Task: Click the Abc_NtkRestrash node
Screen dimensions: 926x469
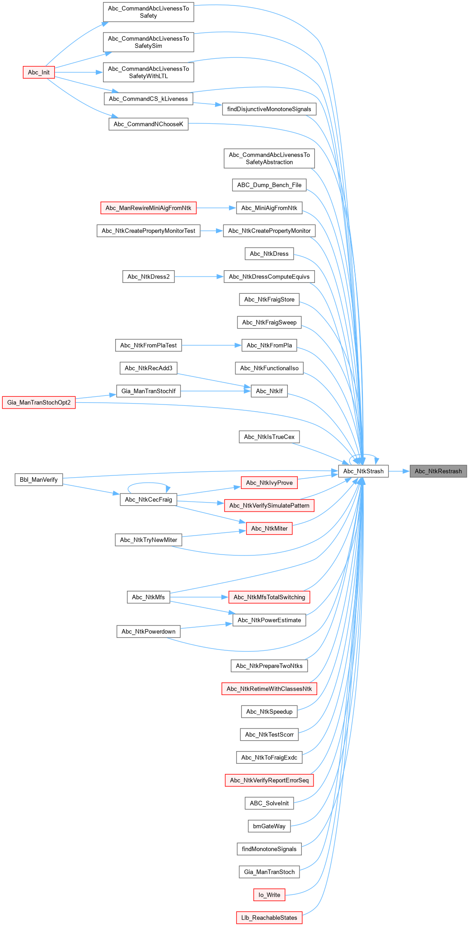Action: click(438, 471)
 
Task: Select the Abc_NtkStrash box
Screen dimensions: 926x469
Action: click(363, 471)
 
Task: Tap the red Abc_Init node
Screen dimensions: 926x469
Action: click(39, 72)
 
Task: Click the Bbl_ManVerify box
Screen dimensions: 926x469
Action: click(39, 479)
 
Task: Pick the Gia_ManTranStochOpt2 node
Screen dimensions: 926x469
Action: click(39, 402)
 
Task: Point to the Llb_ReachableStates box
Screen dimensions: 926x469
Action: click(269, 917)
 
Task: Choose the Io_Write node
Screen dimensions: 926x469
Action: click(269, 894)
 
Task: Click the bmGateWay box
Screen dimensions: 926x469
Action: click(269, 826)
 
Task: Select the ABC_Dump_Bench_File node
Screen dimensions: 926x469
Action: click(269, 185)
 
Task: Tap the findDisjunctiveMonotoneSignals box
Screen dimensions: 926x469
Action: click(269, 109)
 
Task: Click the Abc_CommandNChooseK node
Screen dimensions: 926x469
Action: click(148, 124)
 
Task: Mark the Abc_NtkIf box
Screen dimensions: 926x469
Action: click(269, 391)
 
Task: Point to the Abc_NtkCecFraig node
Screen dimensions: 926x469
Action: click(148, 499)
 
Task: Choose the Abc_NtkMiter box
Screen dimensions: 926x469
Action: click(269, 528)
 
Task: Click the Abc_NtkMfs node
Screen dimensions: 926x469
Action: click(148, 597)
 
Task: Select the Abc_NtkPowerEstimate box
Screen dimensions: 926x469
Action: click(269, 620)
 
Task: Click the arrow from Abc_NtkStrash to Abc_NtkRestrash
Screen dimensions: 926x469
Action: click(399, 471)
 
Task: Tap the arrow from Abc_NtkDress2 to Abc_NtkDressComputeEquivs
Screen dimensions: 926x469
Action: click(199, 277)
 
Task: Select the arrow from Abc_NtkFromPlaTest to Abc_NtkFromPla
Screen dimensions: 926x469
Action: click(211, 345)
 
